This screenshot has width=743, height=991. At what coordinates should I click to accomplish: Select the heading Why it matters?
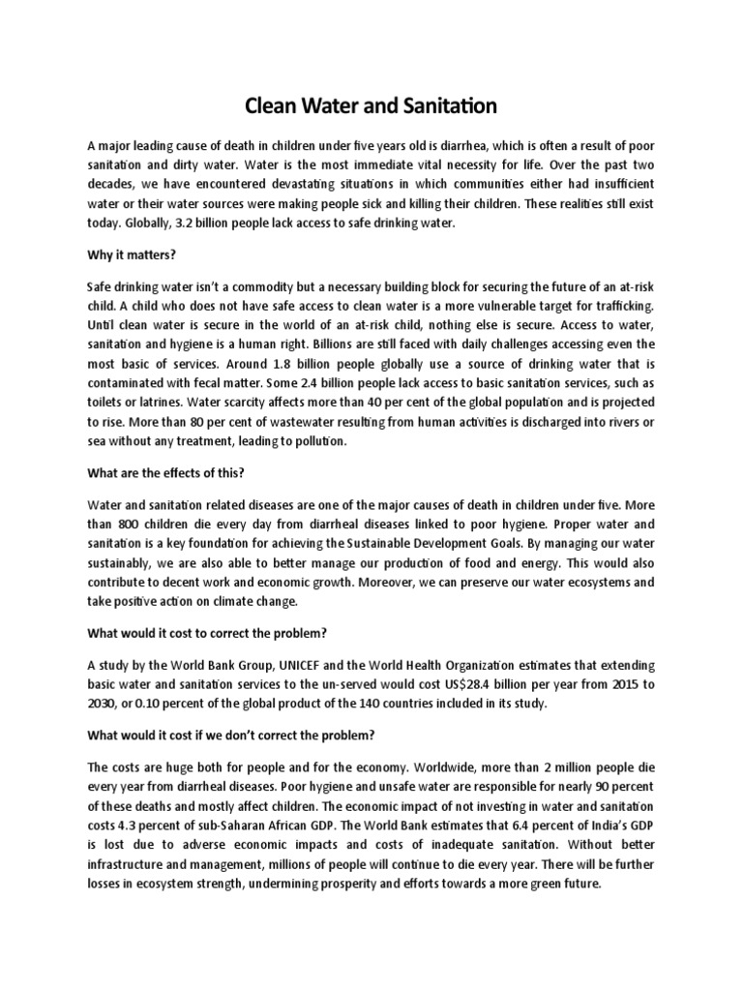tap(129, 255)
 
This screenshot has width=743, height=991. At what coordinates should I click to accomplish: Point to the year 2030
tap(103, 702)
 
